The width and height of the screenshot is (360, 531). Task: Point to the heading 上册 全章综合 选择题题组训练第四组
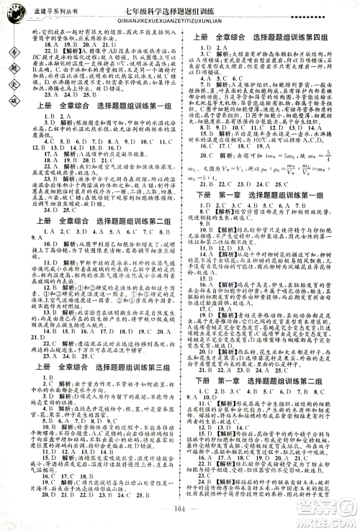[x=267, y=35]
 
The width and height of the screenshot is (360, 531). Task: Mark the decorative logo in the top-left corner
[x=14, y=12]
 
